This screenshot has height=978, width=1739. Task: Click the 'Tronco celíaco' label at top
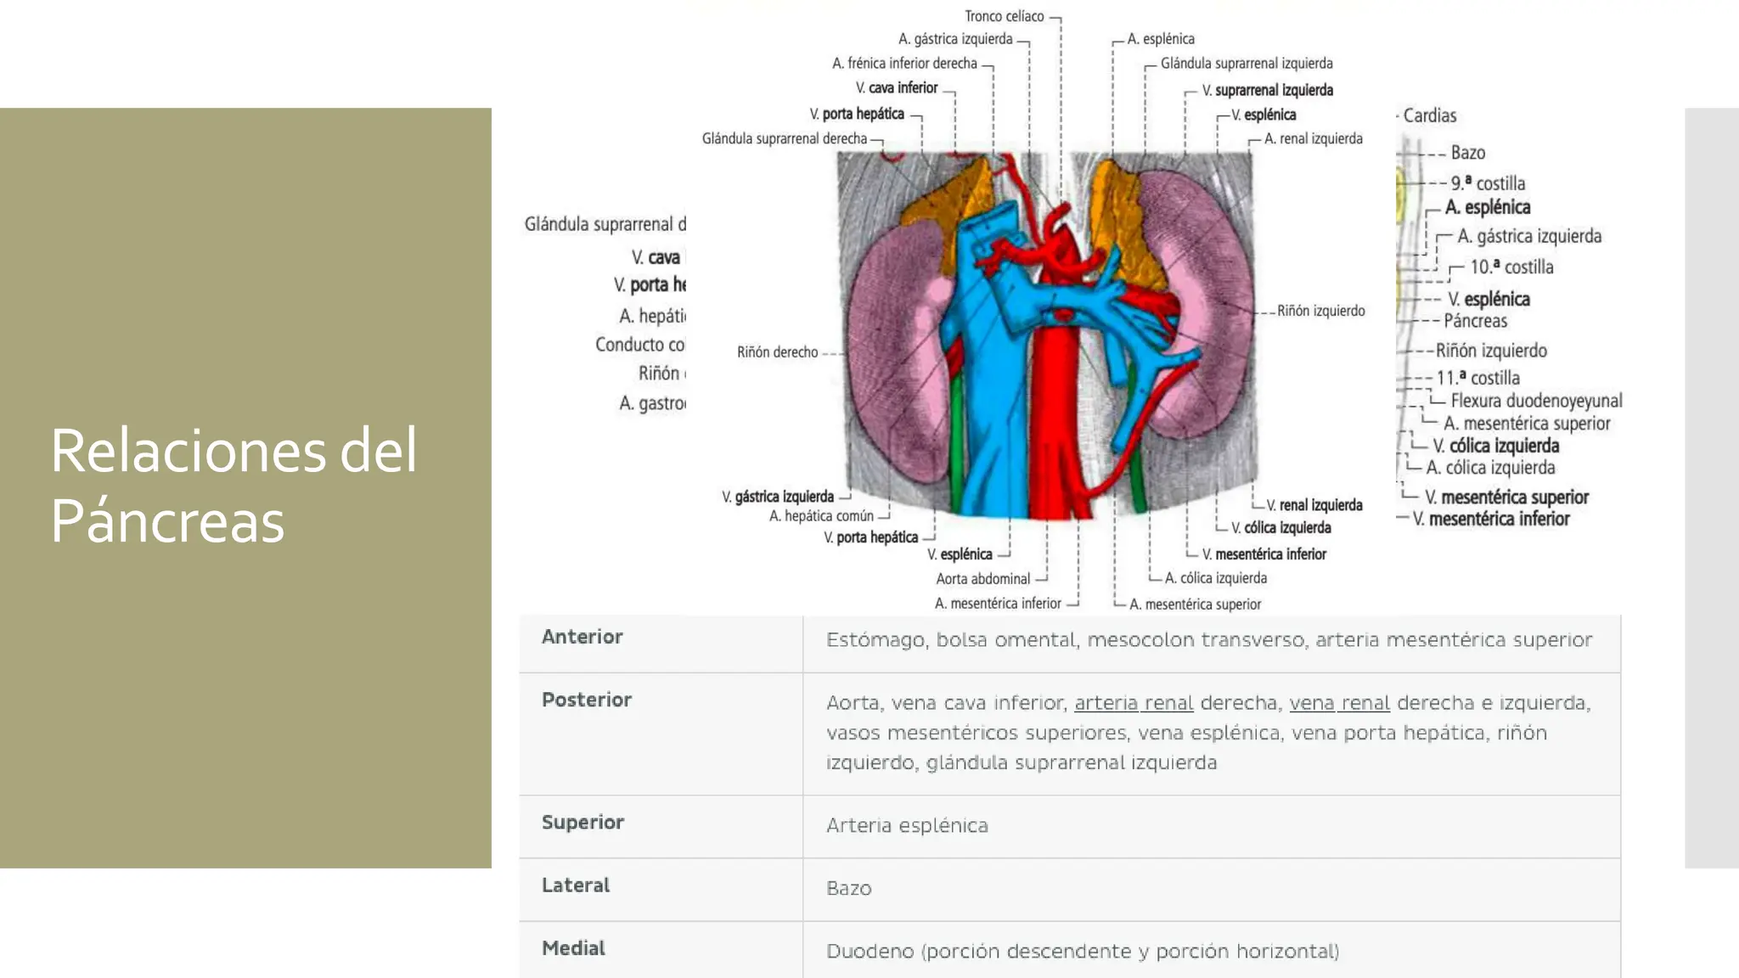tap(1004, 16)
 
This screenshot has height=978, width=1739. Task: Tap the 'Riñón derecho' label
tap(777, 352)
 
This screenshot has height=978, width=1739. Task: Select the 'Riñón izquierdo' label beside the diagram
tap(1320, 311)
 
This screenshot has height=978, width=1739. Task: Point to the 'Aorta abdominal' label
tap(982, 579)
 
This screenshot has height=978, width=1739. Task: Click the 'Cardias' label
tap(1429, 115)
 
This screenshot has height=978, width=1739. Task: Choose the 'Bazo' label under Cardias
tap(1467, 153)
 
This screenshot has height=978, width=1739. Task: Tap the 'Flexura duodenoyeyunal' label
tap(1535, 401)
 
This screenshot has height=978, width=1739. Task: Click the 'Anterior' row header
tap(582, 637)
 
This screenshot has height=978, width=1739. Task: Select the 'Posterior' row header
tap(586, 700)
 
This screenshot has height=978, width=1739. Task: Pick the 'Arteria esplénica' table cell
tap(907, 825)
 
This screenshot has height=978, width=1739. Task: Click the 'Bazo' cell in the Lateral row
tap(848, 888)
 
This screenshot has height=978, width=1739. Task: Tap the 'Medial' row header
tap(573, 948)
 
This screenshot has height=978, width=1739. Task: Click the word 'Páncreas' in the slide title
tap(167, 520)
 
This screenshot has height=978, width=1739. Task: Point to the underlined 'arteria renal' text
tap(1134, 703)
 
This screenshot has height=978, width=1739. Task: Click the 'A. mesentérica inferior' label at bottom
tap(998, 604)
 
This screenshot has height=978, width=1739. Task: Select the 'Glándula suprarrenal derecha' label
tap(784, 138)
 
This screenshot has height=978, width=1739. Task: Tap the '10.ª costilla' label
tap(1511, 267)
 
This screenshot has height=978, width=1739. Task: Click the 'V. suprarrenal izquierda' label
tap(1267, 90)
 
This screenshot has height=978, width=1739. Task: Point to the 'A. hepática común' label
tap(821, 516)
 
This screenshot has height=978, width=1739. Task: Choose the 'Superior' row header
tap(582, 822)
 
